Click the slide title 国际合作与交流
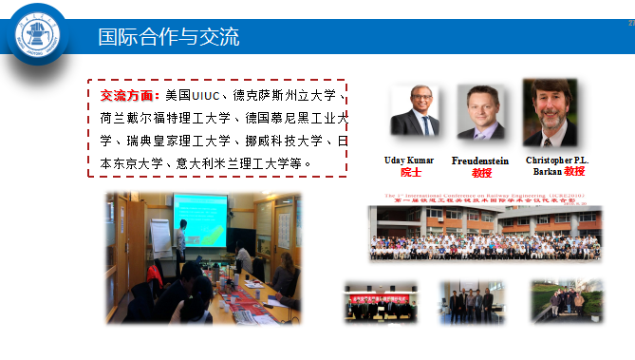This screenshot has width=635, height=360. point(168,38)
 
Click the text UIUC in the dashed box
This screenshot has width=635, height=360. point(206,96)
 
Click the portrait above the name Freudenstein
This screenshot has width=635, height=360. point(481,112)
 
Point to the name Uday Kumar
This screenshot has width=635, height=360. point(410,161)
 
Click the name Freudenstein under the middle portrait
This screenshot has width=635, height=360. point(481,161)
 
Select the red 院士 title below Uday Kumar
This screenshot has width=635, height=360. point(410,173)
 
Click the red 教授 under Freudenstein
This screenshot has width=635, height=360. point(481,173)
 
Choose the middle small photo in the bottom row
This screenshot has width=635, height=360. point(472,303)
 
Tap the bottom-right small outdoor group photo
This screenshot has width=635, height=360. point(566,302)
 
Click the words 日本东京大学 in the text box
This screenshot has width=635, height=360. point(123,163)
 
